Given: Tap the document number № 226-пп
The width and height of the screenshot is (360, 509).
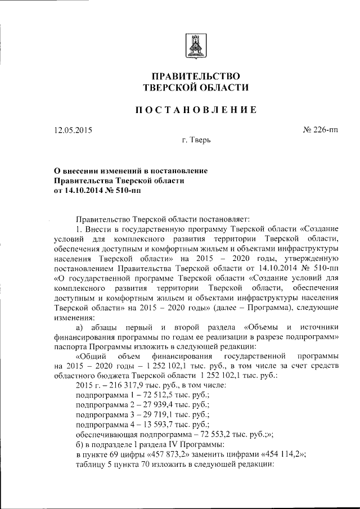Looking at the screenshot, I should coord(321,130).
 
